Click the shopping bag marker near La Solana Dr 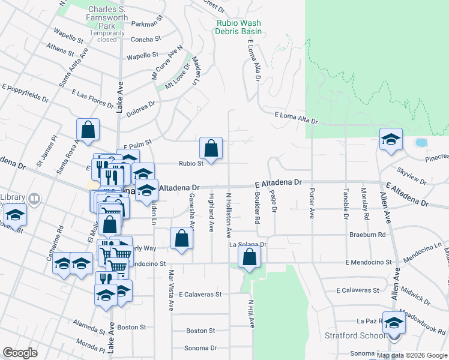[x=249, y=257]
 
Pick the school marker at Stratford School [x=394, y=323]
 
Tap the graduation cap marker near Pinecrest [x=391, y=140]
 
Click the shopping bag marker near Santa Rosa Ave [x=88, y=129]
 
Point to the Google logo [x=20, y=352]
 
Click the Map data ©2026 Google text [x=412, y=355]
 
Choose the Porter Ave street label [x=312, y=204]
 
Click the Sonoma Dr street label [x=200, y=348]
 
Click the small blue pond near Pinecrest [x=421, y=143]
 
